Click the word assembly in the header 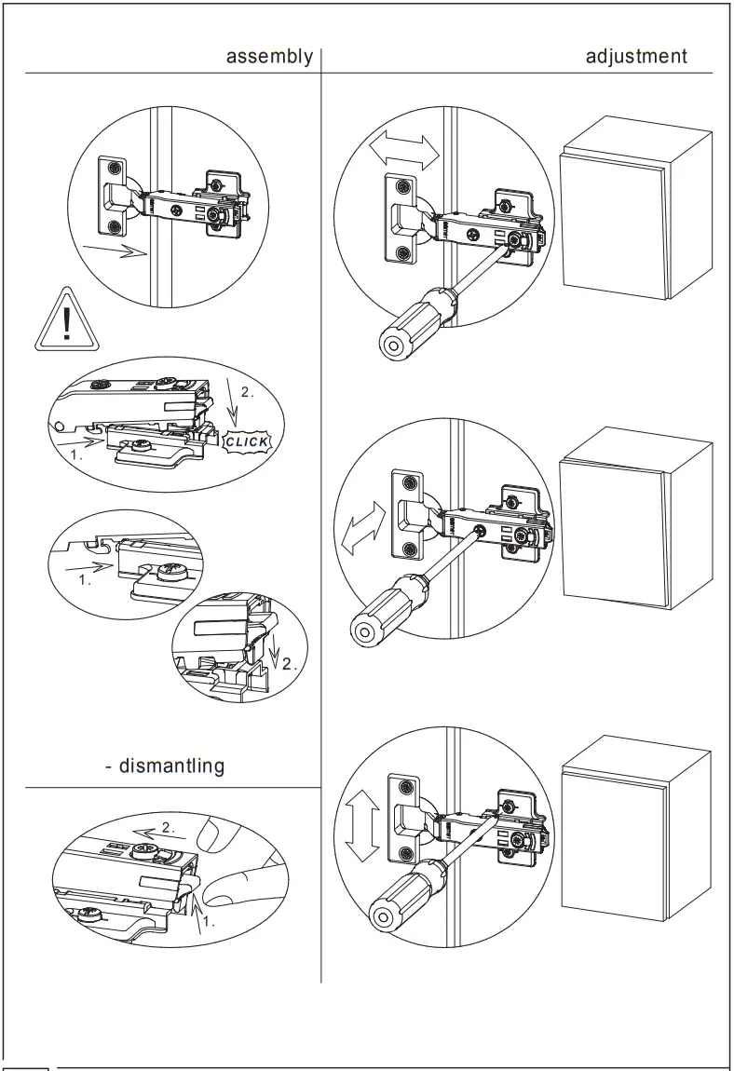pyautogui.click(x=270, y=57)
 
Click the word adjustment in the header pyautogui.click(x=636, y=57)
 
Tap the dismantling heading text pyautogui.click(x=165, y=766)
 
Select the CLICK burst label pyautogui.click(x=248, y=441)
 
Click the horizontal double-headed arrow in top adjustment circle pyautogui.click(x=404, y=150)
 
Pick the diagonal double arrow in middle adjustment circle pyautogui.click(x=364, y=528)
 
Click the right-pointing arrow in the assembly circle pyautogui.click(x=114, y=249)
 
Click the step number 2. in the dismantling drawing pyautogui.click(x=168, y=827)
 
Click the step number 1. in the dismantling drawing pyautogui.click(x=208, y=923)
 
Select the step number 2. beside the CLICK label pyautogui.click(x=246, y=392)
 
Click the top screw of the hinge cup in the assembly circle pyautogui.click(x=113, y=168)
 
